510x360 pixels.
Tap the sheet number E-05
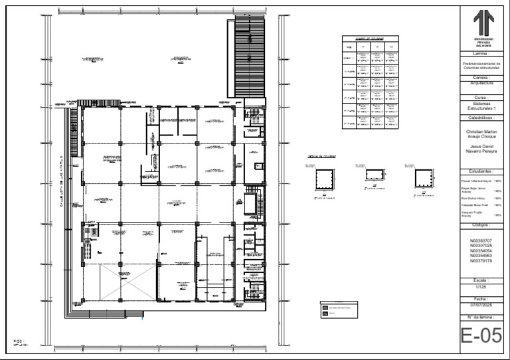(481, 336)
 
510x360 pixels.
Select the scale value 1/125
(481, 287)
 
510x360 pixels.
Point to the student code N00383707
(481, 240)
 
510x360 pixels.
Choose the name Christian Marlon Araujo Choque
(481, 134)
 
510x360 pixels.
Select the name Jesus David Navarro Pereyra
(481, 149)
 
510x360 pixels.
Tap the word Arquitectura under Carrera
(481, 84)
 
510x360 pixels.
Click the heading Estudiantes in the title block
(481, 171)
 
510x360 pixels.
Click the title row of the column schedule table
(370, 39)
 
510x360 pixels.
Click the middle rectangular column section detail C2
(375, 175)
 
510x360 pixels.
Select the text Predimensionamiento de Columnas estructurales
(481, 65)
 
